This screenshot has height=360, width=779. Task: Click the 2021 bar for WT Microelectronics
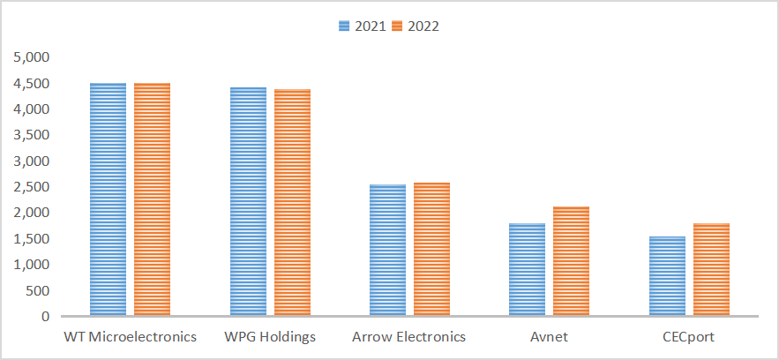coord(108,199)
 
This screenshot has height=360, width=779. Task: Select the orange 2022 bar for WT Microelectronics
coord(152,199)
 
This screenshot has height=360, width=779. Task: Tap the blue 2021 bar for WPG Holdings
coord(248,201)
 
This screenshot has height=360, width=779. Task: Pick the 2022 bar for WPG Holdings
coord(292,203)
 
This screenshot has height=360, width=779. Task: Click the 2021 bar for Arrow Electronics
coord(388,251)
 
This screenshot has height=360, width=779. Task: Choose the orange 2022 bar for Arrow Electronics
coord(431,250)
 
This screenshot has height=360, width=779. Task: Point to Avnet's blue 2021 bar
coord(527,270)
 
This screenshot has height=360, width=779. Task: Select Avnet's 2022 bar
coord(572,261)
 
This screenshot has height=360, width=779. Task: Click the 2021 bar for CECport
coord(667,276)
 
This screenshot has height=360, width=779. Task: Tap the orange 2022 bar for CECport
coord(711,270)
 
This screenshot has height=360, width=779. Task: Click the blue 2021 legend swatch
coord(345,26)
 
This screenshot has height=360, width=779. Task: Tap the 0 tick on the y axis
coord(46,316)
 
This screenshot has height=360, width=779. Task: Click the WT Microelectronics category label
coord(131,337)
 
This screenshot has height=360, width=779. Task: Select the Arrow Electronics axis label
coord(408,337)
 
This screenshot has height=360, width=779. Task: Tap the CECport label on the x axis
coord(690,337)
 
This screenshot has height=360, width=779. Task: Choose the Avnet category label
coord(550,337)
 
